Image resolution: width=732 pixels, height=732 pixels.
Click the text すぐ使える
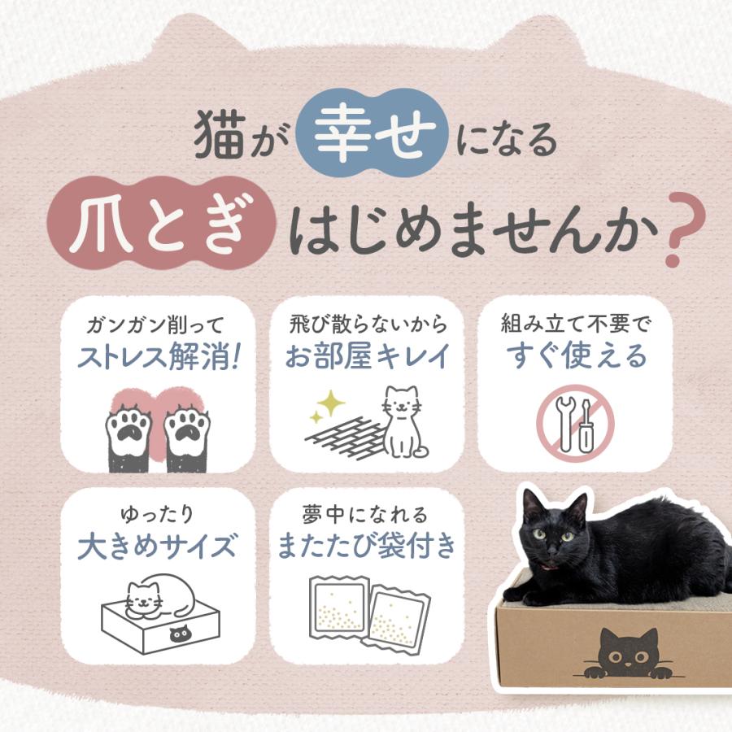[575, 357]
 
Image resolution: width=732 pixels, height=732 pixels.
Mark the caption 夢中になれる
[367, 514]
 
